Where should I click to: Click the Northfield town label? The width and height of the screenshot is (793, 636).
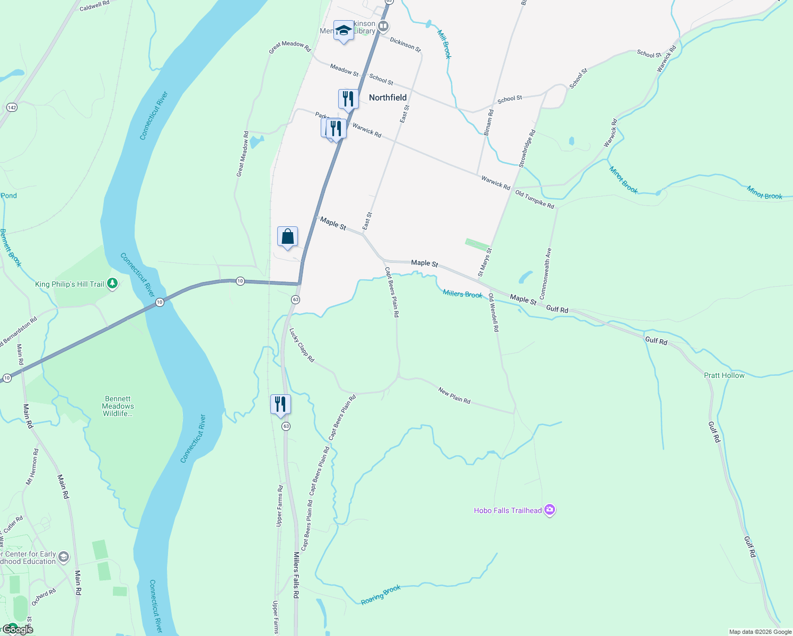pyautogui.click(x=387, y=98)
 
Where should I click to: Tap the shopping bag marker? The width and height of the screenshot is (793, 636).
pyautogui.click(x=287, y=236)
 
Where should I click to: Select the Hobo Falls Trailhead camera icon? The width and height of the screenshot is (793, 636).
pyautogui.click(x=550, y=510)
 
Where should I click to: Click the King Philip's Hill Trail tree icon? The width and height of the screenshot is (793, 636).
pyautogui.click(x=112, y=284)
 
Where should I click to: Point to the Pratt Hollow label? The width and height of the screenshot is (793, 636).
pyautogui.click(x=724, y=375)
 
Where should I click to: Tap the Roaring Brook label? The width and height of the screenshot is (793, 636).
pyautogui.click(x=381, y=595)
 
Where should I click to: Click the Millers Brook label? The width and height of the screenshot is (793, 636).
pyautogui.click(x=463, y=294)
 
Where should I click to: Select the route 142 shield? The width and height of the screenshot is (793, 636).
pyautogui.click(x=12, y=108)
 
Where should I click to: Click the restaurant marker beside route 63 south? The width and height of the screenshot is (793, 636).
pyautogui.click(x=280, y=404)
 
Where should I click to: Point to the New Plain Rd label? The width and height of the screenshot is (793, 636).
pyautogui.click(x=454, y=395)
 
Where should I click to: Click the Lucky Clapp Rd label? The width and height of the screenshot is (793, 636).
pyautogui.click(x=302, y=345)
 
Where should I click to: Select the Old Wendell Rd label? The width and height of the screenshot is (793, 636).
pyautogui.click(x=494, y=313)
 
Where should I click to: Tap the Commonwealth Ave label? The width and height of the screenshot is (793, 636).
pyautogui.click(x=545, y=274)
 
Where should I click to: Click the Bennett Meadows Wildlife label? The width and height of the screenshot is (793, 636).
pyautogui.click(x=118, y=406)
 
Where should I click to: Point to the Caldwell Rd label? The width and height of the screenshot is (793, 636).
pyautogui.click(x=94, y=6)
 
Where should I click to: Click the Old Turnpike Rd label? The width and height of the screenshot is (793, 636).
pyautogui.click(x=535, y=199)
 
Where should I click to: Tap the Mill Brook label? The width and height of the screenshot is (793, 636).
pyautogui.click(x=444, y=43)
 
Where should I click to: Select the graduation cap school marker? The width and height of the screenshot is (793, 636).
pyautogui.click(x=343, y=30)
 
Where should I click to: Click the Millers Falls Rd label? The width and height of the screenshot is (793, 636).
pyautogui.click(x=296, y=575)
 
